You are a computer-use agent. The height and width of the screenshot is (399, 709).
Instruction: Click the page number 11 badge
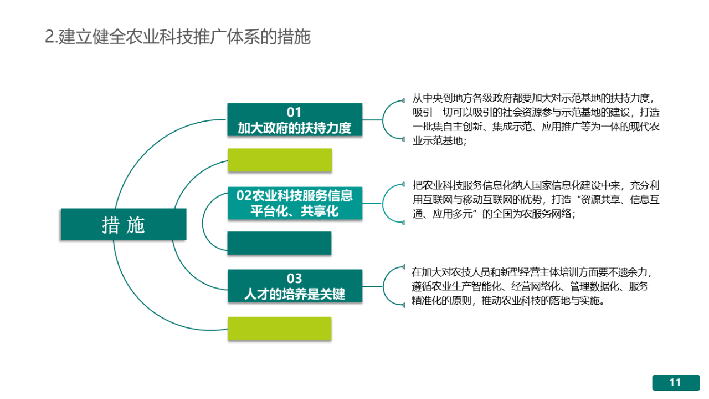(676, 382)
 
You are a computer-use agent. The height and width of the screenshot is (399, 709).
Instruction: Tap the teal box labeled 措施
(124, 224)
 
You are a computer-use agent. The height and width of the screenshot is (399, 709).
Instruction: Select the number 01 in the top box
(294, 112)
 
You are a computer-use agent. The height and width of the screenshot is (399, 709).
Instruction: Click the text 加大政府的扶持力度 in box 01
(294, 128)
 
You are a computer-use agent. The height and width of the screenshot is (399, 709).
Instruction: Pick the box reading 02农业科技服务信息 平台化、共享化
(295, 203)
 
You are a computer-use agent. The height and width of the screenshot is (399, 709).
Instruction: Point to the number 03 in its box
(294, 279)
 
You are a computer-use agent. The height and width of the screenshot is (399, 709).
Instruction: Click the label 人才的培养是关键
(295, 294)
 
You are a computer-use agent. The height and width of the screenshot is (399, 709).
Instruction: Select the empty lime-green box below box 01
(280, 160)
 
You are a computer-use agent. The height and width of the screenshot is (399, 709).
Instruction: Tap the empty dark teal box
(280, 243)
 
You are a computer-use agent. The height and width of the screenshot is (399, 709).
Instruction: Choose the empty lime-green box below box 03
(280, 329)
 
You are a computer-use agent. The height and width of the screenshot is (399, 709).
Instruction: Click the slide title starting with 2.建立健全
(178, 37)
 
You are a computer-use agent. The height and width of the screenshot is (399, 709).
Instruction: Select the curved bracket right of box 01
(383, 120)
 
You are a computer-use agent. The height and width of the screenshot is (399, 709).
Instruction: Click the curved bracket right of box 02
(383, 203)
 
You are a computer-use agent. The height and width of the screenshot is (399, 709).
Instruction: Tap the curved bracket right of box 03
(383, 287)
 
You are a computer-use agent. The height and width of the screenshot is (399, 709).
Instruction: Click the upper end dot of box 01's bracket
(403, 100)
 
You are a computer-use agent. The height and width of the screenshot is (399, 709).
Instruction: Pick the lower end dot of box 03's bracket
(404, 305)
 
